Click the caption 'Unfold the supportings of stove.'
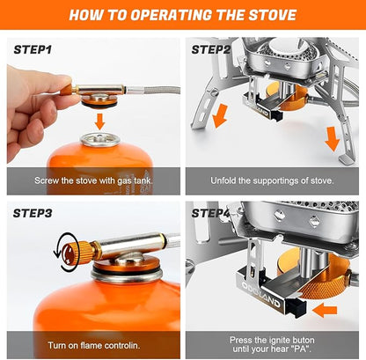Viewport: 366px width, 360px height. tap(272, 180)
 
